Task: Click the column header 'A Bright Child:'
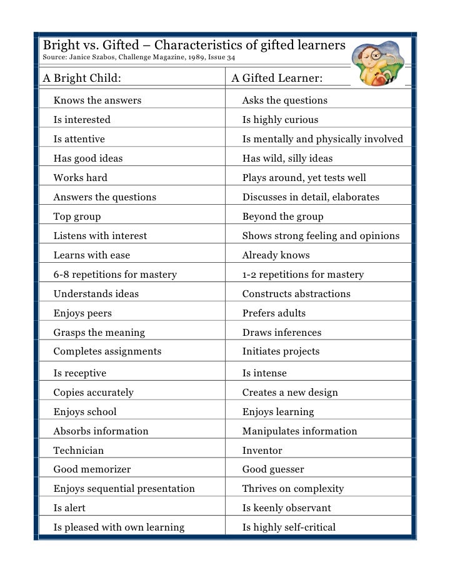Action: tap(82, 79)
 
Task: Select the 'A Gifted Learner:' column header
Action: tap(277, 79)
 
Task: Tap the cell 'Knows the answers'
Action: tap(97, 100)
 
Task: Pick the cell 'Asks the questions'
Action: tap(284, 100)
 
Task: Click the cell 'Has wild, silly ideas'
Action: tap(287, 159)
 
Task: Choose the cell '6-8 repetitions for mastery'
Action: tap(115, 275)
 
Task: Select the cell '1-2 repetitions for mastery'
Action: tap(302, 275)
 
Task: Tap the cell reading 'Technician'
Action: tap(79, 451)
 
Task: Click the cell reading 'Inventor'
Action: tap(262, 451)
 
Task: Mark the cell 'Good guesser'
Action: tap(273, 469)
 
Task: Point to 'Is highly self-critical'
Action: tap(289, 527)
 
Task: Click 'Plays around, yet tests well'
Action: tap(304, 178)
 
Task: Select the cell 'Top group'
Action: tap(77, 217)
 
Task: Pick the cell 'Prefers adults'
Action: tap(274, 313)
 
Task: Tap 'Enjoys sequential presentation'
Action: tap(124, 489)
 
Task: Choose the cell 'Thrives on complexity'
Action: tap(292, 489)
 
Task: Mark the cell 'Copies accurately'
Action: tap(93, 393)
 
